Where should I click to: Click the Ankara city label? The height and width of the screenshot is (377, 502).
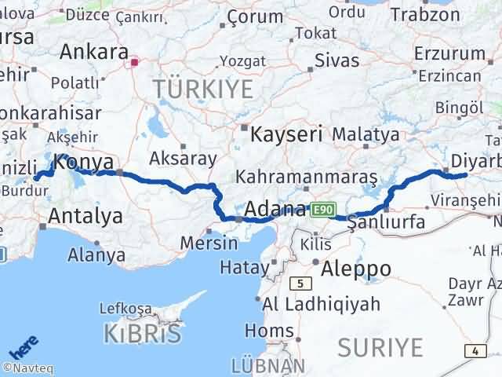94,52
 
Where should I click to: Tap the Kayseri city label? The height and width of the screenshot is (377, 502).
286,134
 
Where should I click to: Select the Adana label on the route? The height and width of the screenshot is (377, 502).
275,210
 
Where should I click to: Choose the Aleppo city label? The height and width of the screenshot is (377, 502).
356,269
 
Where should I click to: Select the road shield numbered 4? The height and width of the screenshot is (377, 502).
475,350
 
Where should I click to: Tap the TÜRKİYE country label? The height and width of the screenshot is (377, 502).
203,89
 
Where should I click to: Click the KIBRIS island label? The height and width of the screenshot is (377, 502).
142,333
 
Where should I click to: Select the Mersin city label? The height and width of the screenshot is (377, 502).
208,243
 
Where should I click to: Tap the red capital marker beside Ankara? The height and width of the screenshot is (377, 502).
135,61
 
